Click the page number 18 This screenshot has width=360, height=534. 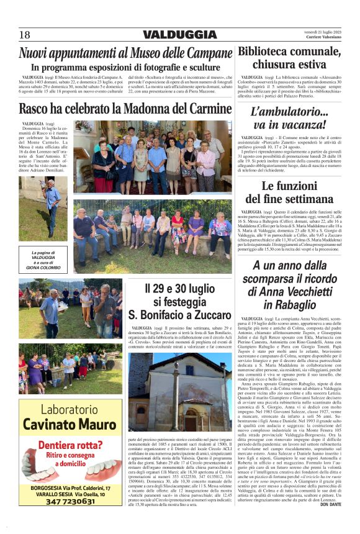coord(25,35)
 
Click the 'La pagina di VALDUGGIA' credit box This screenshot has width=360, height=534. coord(42,260)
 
